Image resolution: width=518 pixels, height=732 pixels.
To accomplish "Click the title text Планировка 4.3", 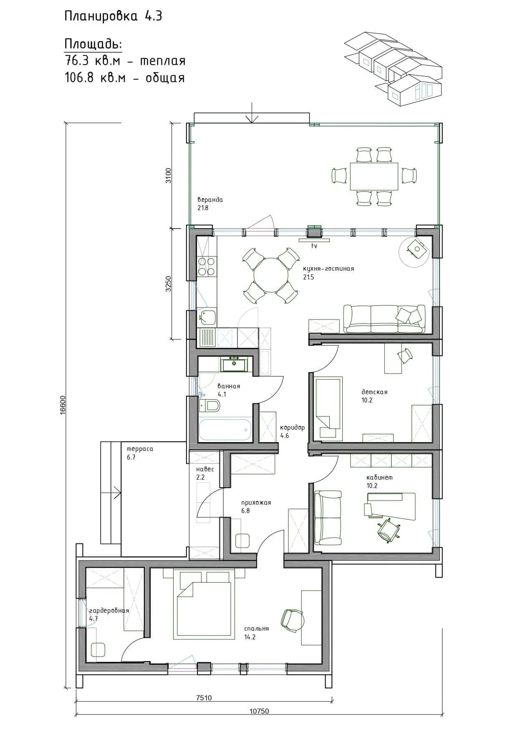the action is click(x=113, y=16).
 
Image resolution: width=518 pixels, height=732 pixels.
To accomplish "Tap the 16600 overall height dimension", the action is click(x=62, y=405).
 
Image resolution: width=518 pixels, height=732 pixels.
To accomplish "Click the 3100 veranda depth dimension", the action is click(x=168, y=176).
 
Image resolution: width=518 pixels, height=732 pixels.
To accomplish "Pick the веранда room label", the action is click(x=210, y=200).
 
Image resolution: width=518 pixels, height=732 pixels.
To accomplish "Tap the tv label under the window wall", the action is click(x=314, y=246).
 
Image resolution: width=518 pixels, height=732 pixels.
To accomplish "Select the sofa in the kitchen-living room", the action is click(x=384, y=319).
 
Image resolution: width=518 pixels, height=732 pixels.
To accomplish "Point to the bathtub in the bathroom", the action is click(x=225, y=430).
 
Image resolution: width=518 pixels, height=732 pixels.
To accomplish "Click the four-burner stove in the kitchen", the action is click(x=207, y=267).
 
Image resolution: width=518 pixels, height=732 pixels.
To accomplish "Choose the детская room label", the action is click(x=374, y=392).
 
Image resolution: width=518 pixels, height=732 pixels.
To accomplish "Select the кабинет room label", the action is click(x=379, y=478).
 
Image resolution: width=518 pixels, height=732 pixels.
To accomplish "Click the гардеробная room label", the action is click(x=109, y=611).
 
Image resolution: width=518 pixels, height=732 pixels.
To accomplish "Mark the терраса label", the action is click(x=140, y=449).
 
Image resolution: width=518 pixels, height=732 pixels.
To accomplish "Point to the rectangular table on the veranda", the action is click(x=374, y=176).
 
